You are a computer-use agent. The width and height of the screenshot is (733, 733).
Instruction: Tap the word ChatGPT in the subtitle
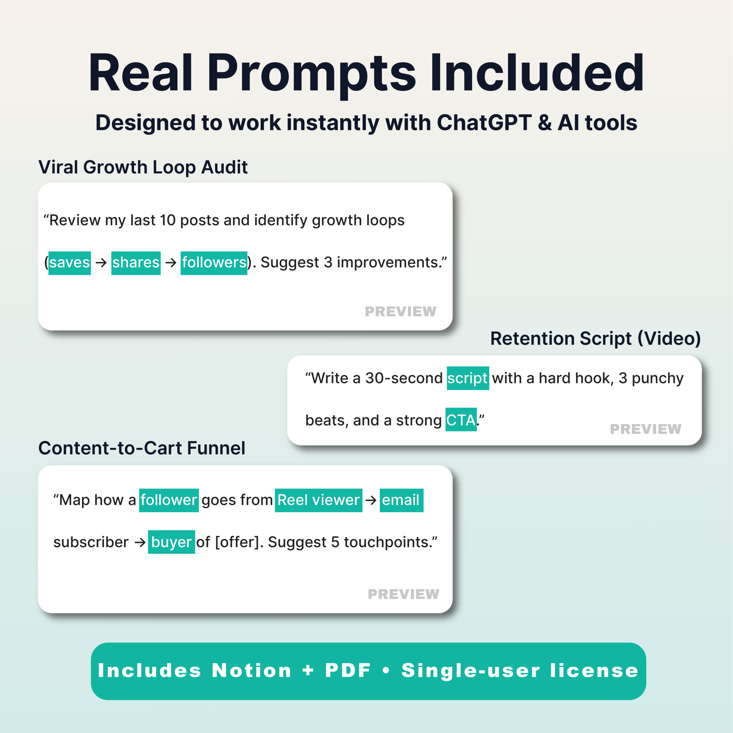(484, 123)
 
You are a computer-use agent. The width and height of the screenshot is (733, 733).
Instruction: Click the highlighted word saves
(69, 263)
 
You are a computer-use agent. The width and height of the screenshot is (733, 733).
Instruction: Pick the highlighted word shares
(136, 263)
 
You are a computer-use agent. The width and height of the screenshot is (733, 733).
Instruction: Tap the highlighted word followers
(214, 263)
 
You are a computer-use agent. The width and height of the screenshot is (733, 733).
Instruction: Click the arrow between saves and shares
(101, 263)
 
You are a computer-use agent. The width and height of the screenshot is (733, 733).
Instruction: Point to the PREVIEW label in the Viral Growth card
(400, 312)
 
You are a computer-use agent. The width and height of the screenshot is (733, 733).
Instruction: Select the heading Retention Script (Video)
(595, 338)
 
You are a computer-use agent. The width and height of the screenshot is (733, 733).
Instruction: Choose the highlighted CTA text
(461, 420)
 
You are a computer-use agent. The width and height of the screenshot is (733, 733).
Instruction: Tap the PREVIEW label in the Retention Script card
(645, 429)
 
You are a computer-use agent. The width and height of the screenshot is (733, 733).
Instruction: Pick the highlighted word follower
(169, 500)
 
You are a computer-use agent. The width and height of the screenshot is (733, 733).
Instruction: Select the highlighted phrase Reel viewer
(318, 500)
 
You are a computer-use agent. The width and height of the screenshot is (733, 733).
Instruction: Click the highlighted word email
(401, 500)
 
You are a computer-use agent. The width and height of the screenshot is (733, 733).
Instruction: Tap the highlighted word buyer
(171, 542)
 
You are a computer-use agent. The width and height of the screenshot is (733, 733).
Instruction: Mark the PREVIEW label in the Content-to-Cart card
(403, 594)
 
